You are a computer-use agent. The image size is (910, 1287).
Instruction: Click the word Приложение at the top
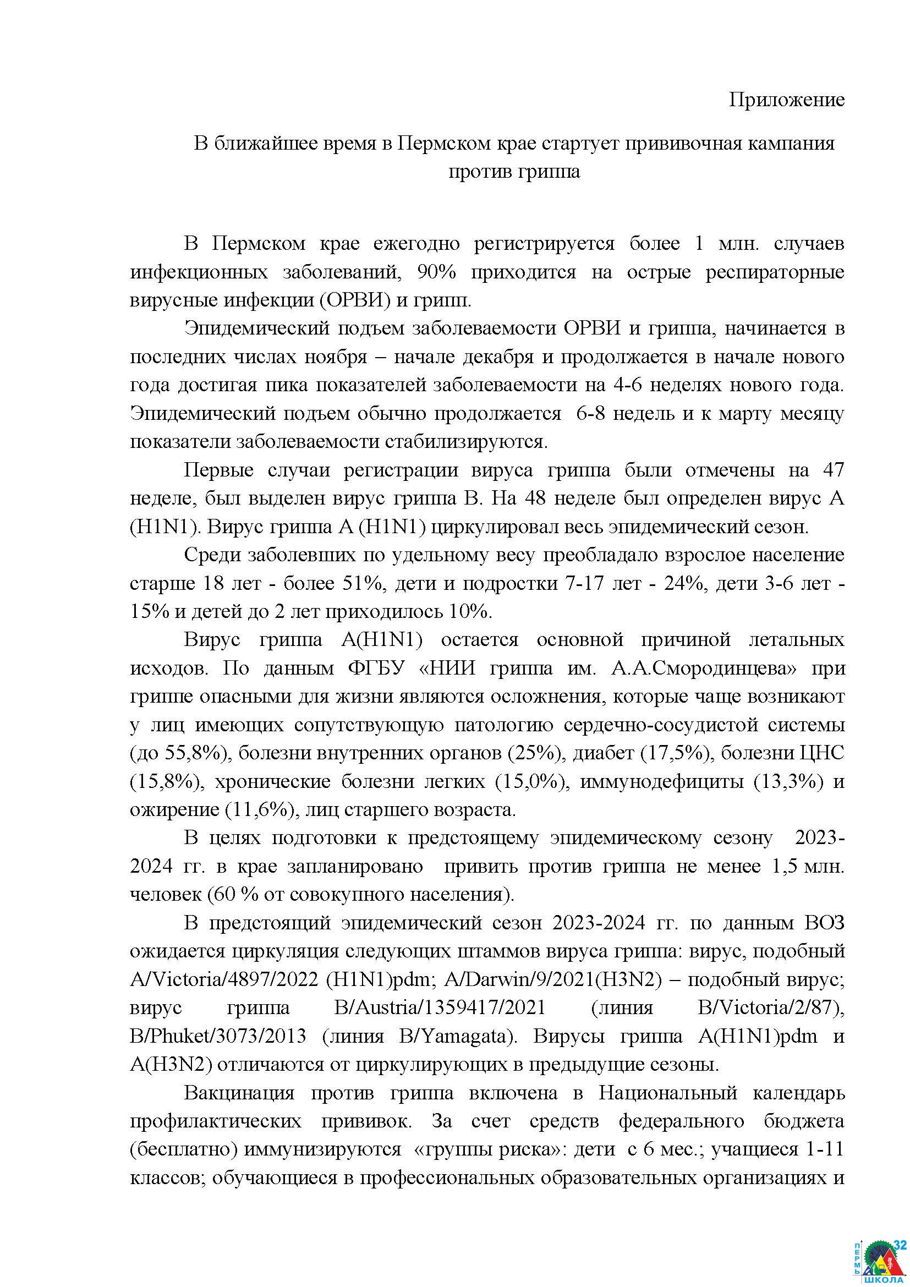[786, 100]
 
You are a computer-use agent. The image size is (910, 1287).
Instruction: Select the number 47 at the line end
[832, 470]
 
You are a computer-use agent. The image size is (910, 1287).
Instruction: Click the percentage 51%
[362, 583]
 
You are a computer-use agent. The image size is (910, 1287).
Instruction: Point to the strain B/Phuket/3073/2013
[218, 1036]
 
